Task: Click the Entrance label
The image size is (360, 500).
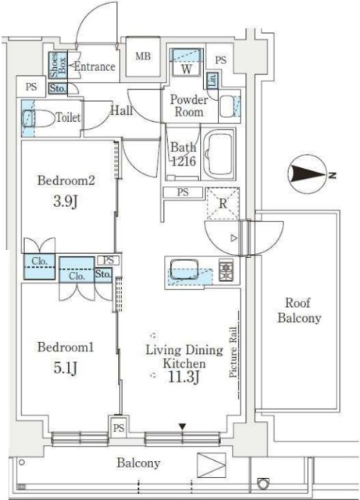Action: coord(94,67)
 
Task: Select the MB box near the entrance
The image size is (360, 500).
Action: coord(143,57)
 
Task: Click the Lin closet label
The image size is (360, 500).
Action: coord(212,79)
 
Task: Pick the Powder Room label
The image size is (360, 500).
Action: coord(187,106)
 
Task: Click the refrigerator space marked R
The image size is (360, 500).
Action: coord(222,205)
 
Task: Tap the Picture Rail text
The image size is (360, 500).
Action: coord(233,353)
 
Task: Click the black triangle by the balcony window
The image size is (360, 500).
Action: coord(183,426)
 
